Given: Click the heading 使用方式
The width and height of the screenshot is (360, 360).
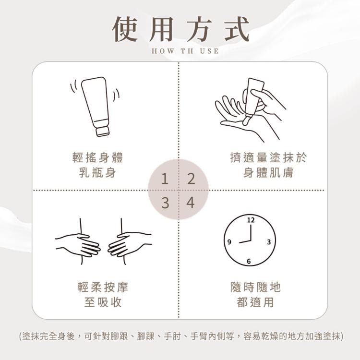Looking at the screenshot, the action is coord(180,29).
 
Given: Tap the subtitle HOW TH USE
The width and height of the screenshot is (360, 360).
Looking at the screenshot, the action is coord(185,51).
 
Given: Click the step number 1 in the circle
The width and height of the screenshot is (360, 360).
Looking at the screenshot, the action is coord(165,179).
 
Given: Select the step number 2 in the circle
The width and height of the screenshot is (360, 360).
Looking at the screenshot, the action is coord(191,179).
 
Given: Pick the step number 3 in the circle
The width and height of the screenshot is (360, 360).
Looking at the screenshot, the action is coord(165,203).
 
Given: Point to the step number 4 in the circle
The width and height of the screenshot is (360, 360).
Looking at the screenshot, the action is coord(191,203).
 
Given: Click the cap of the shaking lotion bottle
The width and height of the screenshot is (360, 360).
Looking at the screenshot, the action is coord(102,131).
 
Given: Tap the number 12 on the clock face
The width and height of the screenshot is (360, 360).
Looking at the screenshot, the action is coord(251,220).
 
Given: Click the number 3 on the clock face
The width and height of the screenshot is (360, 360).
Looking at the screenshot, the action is coord(269,242).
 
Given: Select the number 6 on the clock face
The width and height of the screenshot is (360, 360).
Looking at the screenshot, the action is coord(249,261).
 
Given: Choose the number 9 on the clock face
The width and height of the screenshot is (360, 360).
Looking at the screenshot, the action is coord(229,242).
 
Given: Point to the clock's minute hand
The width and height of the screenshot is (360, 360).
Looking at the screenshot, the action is coord(251,232).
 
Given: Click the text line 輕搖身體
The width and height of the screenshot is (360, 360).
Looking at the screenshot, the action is coord(97,157).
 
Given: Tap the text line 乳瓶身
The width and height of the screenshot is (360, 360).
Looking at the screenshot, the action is coord(97,172).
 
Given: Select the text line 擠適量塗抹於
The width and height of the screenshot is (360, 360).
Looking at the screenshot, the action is coord(268,157).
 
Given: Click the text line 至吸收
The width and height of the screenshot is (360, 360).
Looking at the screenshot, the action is coord(103,302).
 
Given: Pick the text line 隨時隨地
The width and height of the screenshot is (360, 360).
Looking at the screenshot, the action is coord(255,287).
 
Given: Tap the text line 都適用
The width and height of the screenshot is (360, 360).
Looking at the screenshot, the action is coord(255,302).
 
